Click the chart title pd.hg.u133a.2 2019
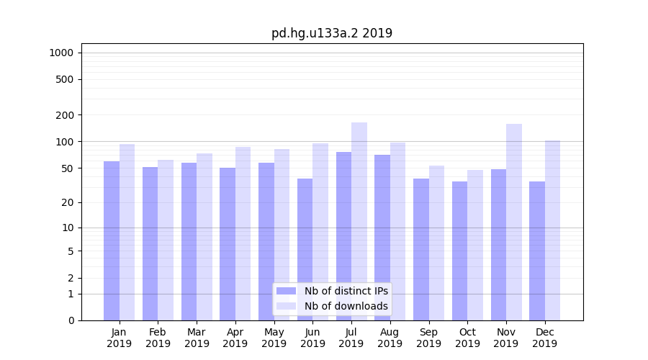(331, 33)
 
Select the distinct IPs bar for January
(112, 240)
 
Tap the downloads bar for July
(359, 221)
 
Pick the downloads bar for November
(514, 222)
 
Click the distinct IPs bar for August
(382, 238)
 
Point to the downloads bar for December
(552, 230)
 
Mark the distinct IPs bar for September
(421, 249)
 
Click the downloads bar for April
(243, 233)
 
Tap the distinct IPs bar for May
(266, 241)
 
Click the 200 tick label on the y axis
(65, 115)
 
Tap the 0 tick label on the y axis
(71, 320)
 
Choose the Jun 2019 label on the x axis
(312, 338)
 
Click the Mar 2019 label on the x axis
(197, 338)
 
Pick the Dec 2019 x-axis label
(544, 338)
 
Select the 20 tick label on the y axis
(68, 202)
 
